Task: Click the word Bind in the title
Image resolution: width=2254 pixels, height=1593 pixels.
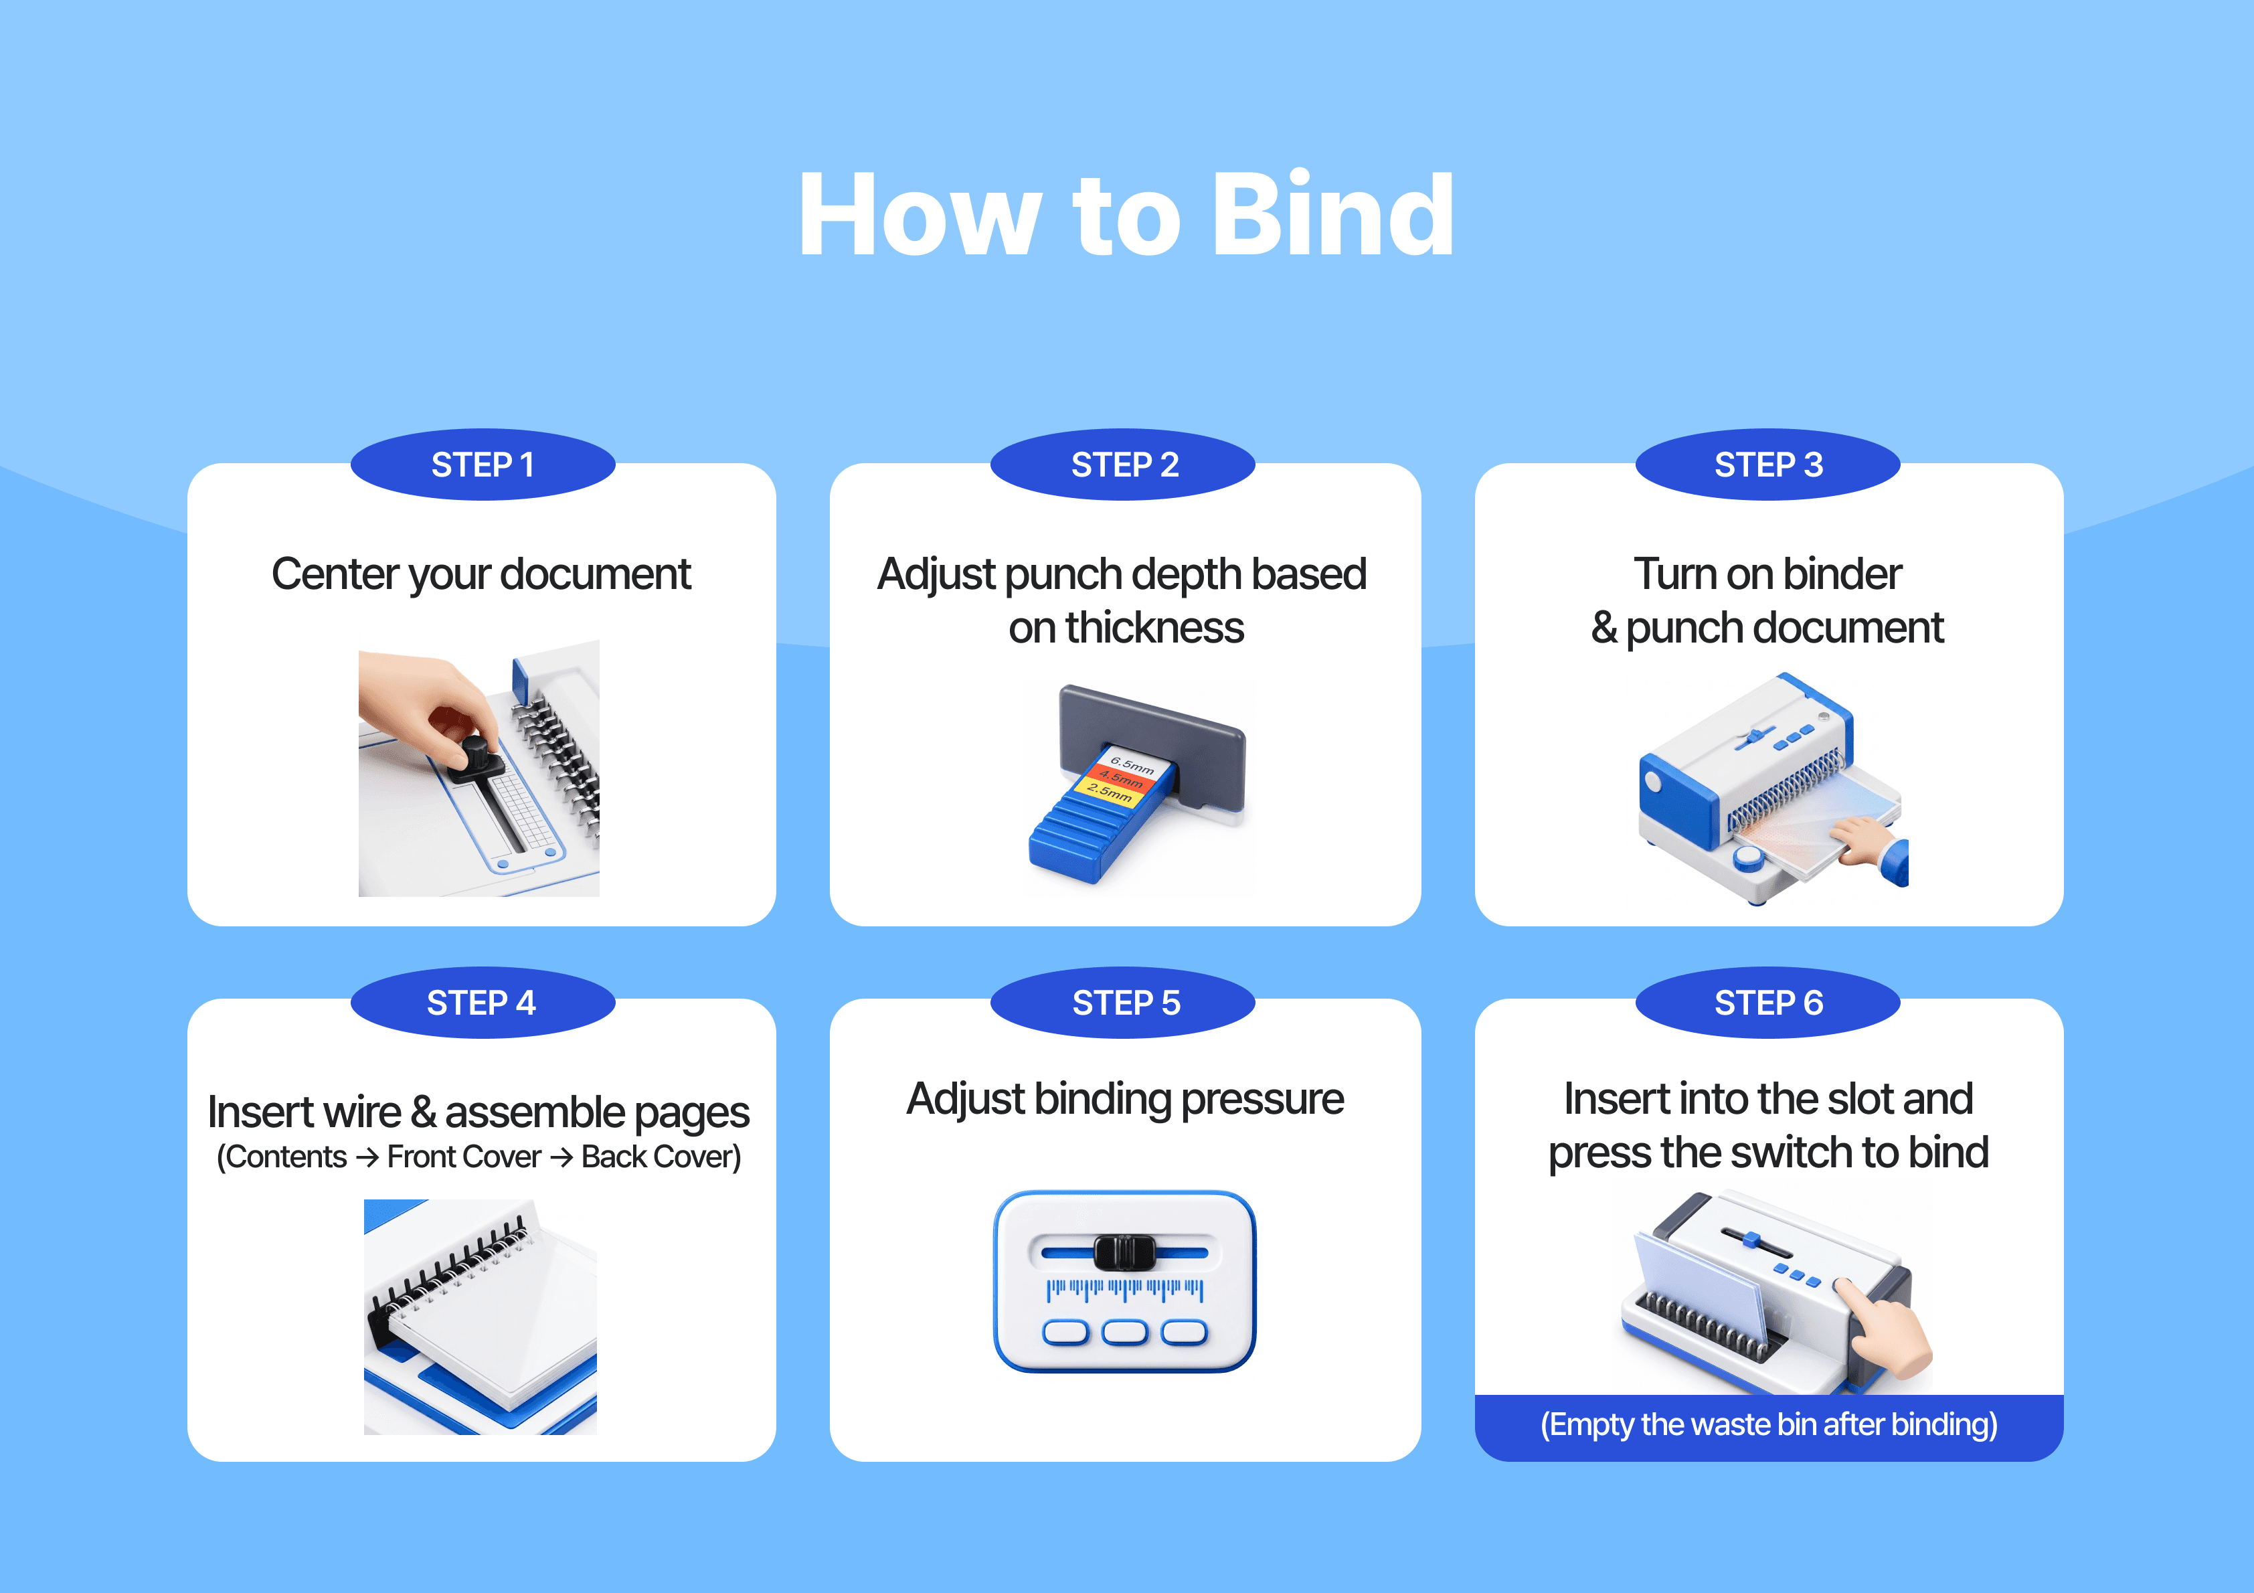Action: [1333, 214]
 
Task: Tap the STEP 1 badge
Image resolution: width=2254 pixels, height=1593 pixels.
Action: [483, 465]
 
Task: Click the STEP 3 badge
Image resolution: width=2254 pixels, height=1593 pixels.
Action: [1768, 465]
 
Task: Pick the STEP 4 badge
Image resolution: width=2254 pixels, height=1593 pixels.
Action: [483, 1003]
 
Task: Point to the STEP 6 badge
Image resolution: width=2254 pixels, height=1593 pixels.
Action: [1768, 1003]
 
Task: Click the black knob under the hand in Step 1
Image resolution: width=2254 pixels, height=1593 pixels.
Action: [475, 757]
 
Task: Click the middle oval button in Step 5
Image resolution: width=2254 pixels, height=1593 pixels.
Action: [1125, 1332]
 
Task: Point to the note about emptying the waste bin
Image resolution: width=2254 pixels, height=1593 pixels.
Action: [1768, 1424]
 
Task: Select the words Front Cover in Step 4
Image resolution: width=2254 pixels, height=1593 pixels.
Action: [463, 1157]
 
